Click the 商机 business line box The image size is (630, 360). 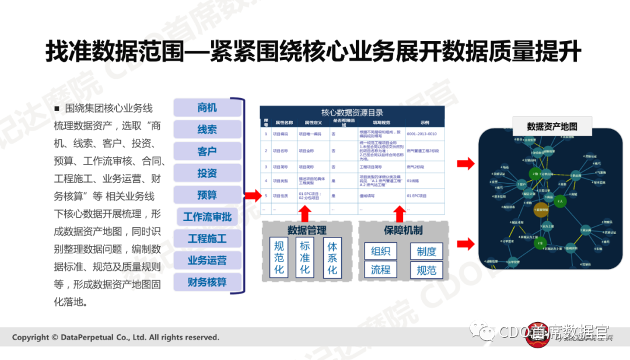pyautogui.click(x=207, y=107)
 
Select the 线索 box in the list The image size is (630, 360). pyautogui.click(x=207, y=130)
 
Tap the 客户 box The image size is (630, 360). pyautogui.click(x=207, y=152)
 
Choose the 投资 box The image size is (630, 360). pyautogui.click(x=207, y=173)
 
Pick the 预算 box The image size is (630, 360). pyautogui.click(x=207, y=195)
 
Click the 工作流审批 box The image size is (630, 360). pyautogui.click(x=207, y=217)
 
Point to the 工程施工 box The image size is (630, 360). pyautogui.click(x=207, y=239)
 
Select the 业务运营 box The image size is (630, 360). pyautogui.click(x=207, y=260)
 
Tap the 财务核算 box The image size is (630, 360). pyautogui.click(x=207, y=282)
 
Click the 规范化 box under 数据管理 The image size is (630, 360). pyautogui.click(x=279, y=257)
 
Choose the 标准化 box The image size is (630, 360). pyautogui.click(x=304, y=257)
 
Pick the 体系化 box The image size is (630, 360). pyautogui.click(x=332, y=257)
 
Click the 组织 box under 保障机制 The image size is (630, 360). pyautogui.click(x=380, y=251)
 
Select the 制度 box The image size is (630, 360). pyautogui.click(x=426, y=251)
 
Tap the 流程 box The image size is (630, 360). pyautogui.click(x=380, y=270)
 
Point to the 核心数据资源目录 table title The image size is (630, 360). pyautogui.click(x=352, y=113)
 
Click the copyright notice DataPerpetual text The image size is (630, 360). pyautogui.click(x=116, y=337)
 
